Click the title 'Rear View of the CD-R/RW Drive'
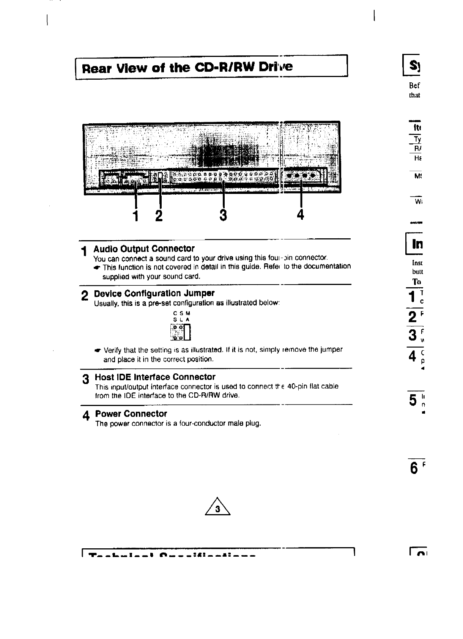(x=187, y=68)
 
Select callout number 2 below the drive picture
(x=159, y=215)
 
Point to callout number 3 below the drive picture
(x=223, y=215)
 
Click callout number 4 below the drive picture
(x=300, y=215)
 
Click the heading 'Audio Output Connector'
(x=144, y=249)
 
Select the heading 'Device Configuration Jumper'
(x=154, y=293)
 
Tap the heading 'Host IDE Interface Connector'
(x=155, y=377)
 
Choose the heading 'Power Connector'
(x=131, y=414)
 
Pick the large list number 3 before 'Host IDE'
(x=86, y=379)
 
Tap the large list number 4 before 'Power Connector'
(x=86, y=416)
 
